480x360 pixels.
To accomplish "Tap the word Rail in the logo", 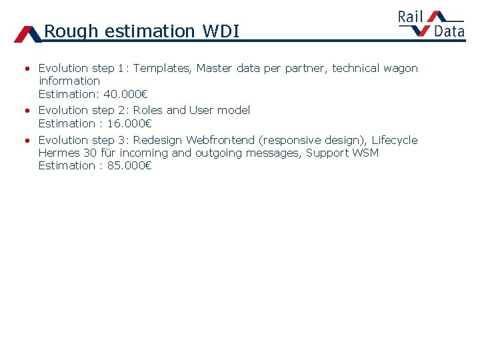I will click(x=411, y=17).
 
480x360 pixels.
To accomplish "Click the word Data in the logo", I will click(x=449, y=31).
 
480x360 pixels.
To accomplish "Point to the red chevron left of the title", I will click(x=27, y=34).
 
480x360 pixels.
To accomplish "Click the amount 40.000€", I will click(x=125, y=94).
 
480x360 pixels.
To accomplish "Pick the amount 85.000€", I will click(x=129, y=165).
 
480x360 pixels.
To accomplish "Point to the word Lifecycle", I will click(x=394, y=140).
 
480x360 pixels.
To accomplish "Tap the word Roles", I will click(x=148, y=110).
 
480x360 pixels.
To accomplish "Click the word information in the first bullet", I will click(x=69, y=81).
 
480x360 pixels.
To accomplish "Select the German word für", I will click(x=108, y=153).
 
